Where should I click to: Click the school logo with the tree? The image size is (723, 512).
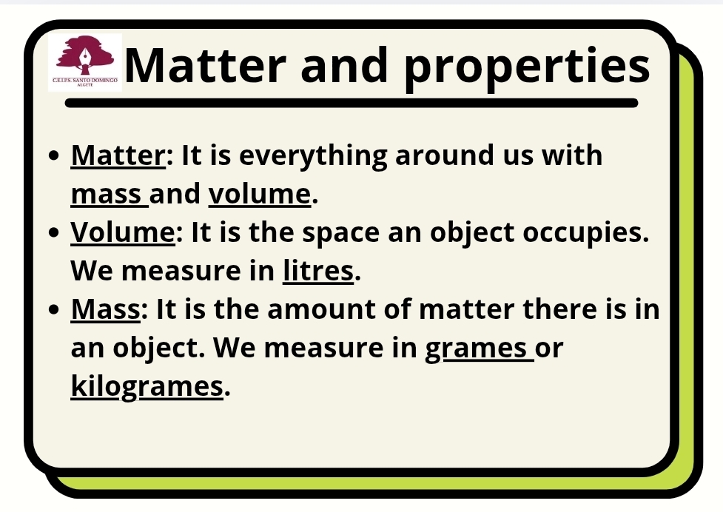coord(85,62)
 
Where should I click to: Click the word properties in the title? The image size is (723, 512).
coord(527,68)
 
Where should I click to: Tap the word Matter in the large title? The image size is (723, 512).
coord(205,65)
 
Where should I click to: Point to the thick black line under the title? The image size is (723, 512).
coord(352,103)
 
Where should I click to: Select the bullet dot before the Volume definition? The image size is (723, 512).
coord(54,233)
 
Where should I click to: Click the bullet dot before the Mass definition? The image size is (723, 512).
coord(54,310)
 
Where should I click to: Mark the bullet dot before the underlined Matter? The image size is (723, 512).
coord(54,156)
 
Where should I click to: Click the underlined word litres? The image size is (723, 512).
coord(318,271)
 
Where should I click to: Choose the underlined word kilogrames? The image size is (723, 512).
coord(147,386)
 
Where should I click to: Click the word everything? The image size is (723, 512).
coord(312,156)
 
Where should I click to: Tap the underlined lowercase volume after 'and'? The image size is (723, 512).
coord(260,194)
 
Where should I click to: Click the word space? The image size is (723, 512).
coord(341,234)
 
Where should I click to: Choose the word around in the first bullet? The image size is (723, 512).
coord(445,155)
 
